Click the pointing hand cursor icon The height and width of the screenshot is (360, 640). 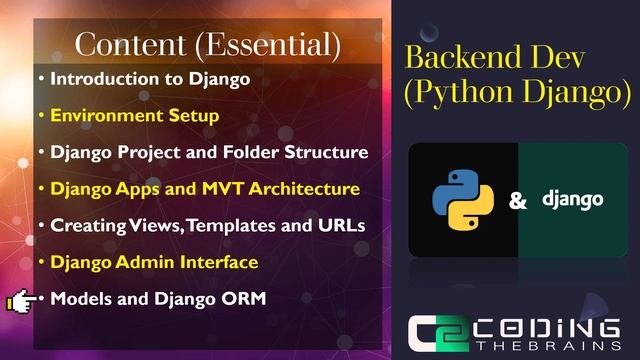click(x=22, y=299)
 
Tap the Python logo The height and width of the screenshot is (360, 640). click(x=463, y=200)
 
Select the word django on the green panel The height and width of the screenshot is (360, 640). click(x=572, y=200)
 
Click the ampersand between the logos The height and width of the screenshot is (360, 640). click(x=518, y=201)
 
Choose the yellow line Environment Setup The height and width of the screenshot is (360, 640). click(x=134, y=115)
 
